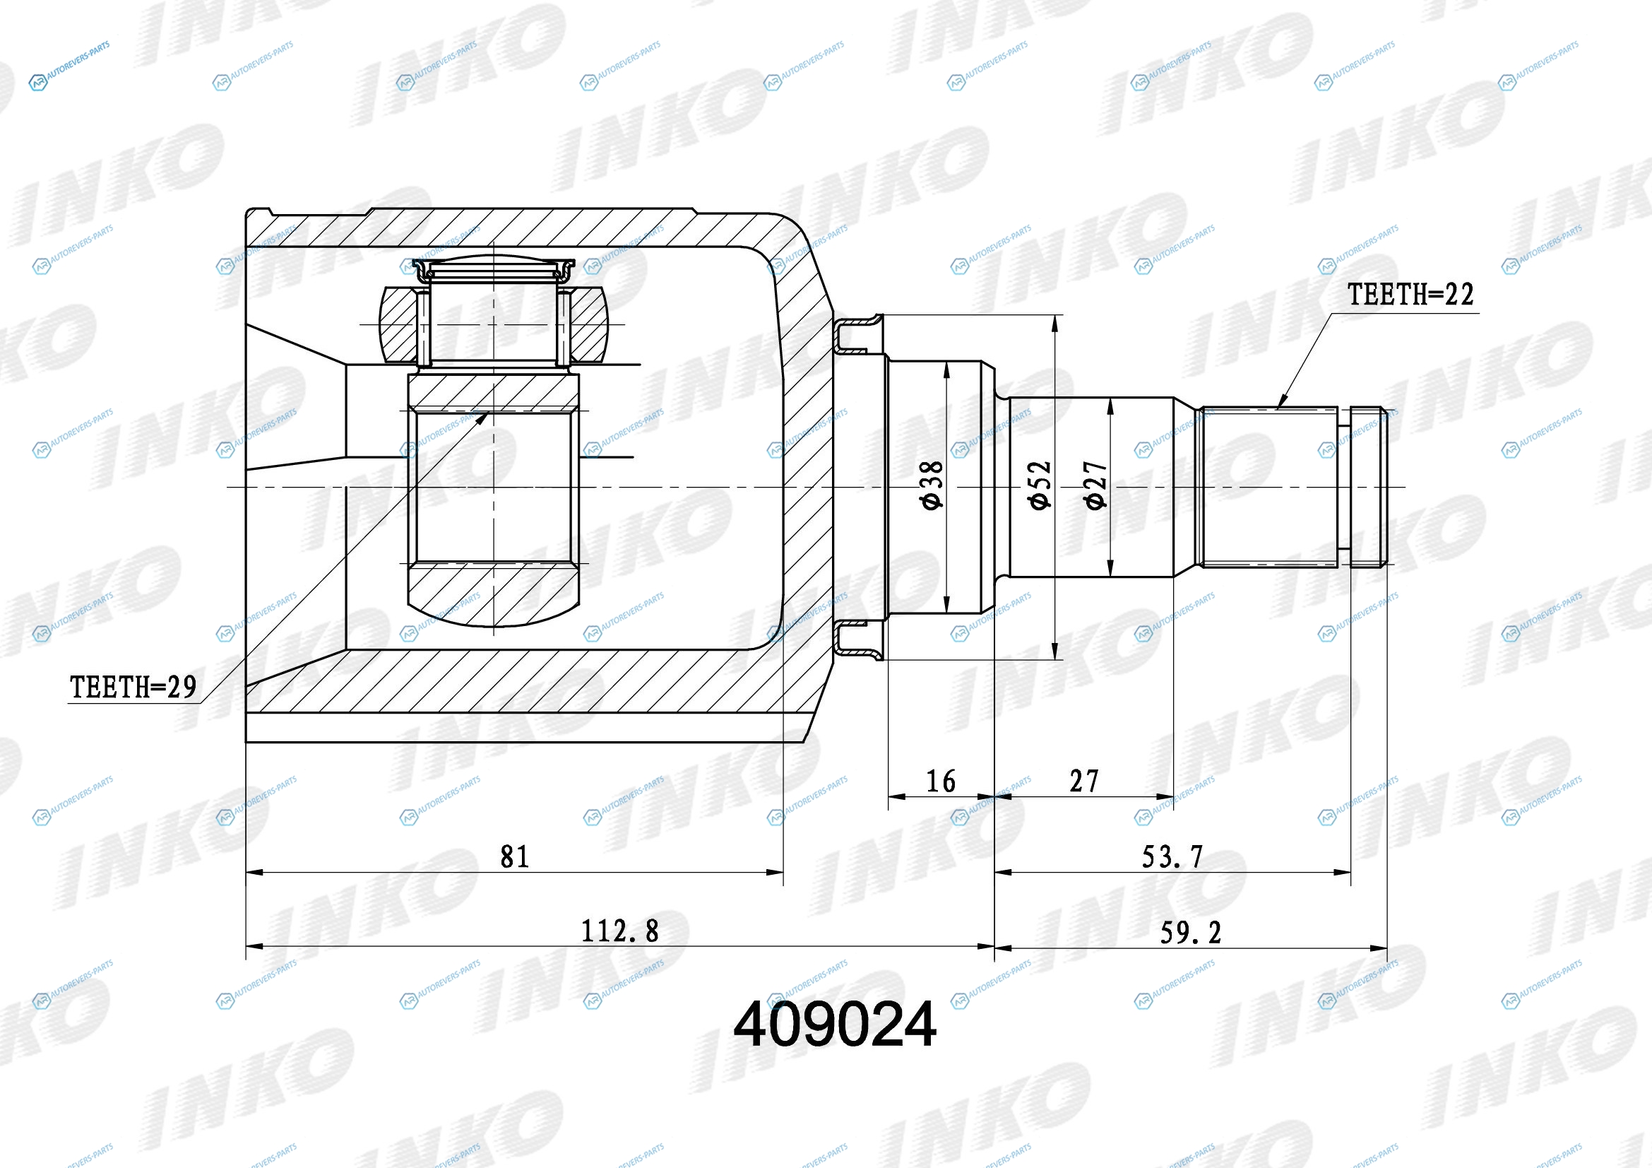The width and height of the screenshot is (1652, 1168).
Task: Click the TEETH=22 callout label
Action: coord(1410,295)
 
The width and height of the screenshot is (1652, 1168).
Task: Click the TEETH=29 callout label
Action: coord(133,688)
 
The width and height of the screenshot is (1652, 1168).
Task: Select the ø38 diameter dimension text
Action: coord(931,485)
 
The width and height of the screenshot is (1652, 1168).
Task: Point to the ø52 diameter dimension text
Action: coord(1040,485)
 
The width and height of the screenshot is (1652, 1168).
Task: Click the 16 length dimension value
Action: coord(941,781)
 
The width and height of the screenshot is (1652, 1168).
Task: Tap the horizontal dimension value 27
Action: coord(1084,781)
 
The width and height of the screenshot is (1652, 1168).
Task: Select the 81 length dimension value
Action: coord(514,856)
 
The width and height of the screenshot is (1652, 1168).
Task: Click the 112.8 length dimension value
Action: coord(619,931)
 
